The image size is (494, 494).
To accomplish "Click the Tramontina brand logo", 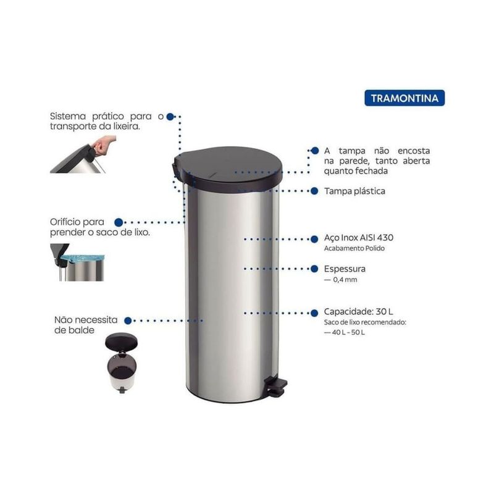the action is point(404,98).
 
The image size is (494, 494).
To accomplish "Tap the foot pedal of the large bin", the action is point(276,387).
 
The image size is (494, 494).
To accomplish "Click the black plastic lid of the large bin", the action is point(227,169).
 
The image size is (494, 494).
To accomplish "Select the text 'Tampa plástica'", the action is point(354,191).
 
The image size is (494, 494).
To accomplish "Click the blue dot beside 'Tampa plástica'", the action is point(314,191).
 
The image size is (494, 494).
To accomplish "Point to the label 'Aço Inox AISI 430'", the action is point(359,238).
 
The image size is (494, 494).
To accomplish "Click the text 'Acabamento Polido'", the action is point(354,248).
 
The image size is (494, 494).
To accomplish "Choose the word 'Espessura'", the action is point(345,269).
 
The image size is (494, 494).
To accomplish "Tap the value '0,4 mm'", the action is point(345,280).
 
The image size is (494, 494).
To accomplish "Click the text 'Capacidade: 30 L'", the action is point(359,312).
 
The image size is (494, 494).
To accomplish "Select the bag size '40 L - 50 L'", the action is point(348,332).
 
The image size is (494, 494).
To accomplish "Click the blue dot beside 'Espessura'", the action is point(314,269).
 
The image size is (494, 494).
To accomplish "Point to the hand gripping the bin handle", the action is point(103,145).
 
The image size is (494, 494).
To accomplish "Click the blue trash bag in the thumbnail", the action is point(83,257).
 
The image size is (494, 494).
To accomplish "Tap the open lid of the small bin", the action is point(121,341).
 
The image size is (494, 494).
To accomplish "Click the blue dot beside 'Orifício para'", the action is point(119,222).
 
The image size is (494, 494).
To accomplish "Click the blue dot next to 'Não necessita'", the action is point(128,320).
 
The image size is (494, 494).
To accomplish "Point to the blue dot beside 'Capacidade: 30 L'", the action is point(314,313).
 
